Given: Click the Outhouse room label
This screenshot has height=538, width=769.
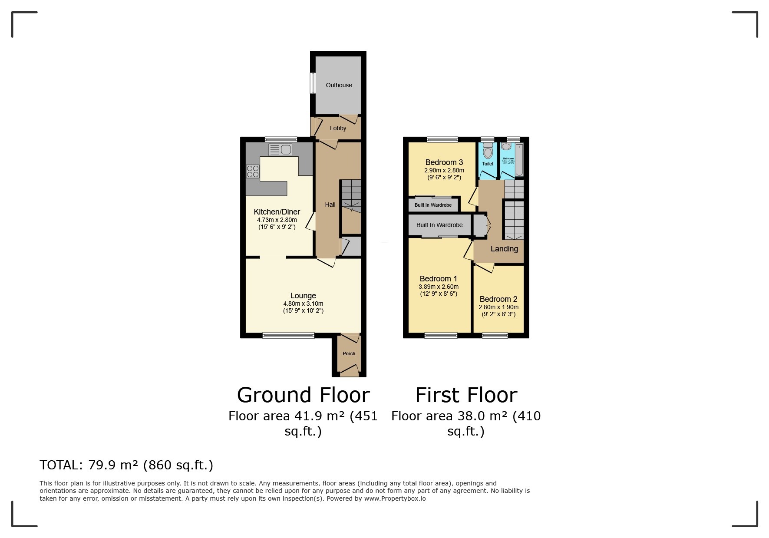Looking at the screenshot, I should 339,85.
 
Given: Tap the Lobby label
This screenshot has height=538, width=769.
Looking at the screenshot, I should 338,128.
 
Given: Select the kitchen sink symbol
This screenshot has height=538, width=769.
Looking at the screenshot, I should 280,150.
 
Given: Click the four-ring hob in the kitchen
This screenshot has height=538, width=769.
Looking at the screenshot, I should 253,172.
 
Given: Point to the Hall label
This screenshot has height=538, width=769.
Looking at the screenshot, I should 330,205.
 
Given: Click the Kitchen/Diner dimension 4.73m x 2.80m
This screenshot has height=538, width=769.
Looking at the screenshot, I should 277,220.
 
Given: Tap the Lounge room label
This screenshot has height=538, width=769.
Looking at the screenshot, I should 303,296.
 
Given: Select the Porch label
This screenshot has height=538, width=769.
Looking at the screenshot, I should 349,353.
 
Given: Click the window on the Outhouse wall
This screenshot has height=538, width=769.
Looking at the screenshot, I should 312,83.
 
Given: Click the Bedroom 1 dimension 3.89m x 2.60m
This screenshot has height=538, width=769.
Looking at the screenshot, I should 439,287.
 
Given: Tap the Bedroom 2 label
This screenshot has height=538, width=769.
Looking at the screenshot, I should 498,299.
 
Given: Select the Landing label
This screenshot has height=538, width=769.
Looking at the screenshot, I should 504,249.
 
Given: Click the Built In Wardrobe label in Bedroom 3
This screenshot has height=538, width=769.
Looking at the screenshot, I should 433,205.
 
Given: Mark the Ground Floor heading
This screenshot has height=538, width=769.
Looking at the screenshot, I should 303,395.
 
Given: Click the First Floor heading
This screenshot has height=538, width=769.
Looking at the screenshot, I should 466,395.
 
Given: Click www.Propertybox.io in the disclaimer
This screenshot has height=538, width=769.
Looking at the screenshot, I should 395,498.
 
